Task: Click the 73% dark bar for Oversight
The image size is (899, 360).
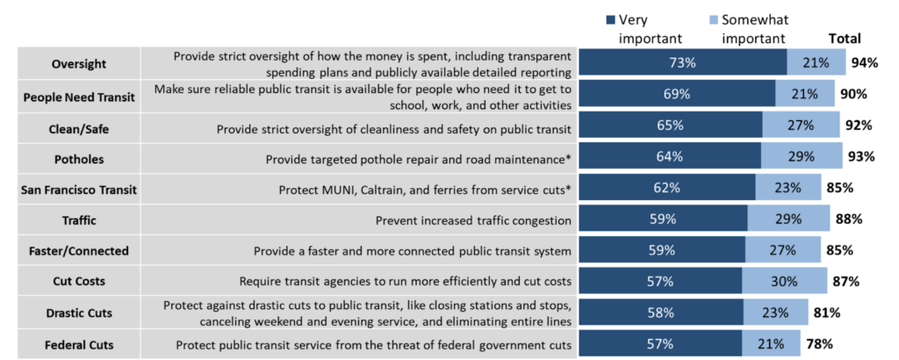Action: tap(682, 62)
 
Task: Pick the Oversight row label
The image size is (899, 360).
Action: tap(80, 62)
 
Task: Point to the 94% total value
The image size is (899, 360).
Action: tap(867, 62)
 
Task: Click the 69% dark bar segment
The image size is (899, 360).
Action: tap(676, 94)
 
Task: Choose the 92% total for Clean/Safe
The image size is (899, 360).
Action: tap(857, 126)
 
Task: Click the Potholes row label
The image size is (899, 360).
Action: tap(80, 157)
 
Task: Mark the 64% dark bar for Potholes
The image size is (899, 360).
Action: tap(669, 157)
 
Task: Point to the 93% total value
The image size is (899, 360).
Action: tap(861, 157)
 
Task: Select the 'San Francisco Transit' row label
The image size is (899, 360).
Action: tap(80, 188)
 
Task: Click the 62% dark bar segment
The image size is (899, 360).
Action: tap(666, 188)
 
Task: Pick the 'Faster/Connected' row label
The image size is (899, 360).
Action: tap(80, 250)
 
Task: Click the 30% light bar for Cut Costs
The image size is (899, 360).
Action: tap(784, 282)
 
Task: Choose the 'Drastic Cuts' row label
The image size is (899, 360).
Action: tap(80, 313)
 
